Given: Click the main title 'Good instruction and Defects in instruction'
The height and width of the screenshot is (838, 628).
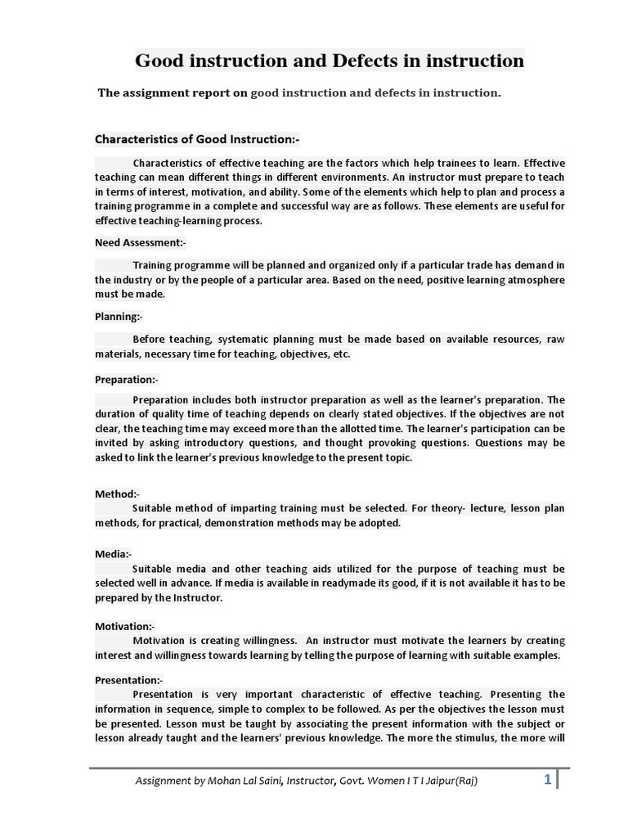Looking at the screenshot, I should point(330,61).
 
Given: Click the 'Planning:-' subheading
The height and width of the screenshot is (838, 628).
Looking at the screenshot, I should point(119,317).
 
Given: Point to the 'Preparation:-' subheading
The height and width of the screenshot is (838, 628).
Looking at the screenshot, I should point(127,379).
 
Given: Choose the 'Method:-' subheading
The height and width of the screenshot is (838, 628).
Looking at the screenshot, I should point(117,493).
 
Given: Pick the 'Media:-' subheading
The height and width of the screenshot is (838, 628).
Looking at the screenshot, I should point(113,554).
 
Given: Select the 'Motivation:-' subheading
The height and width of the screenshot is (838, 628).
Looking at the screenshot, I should point(124,626).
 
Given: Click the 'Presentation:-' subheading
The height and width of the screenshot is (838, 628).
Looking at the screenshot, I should point(129,680).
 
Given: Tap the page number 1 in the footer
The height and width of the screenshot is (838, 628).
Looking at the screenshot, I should point(547,780).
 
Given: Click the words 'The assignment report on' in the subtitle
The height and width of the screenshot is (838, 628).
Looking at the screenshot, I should point(173,93).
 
